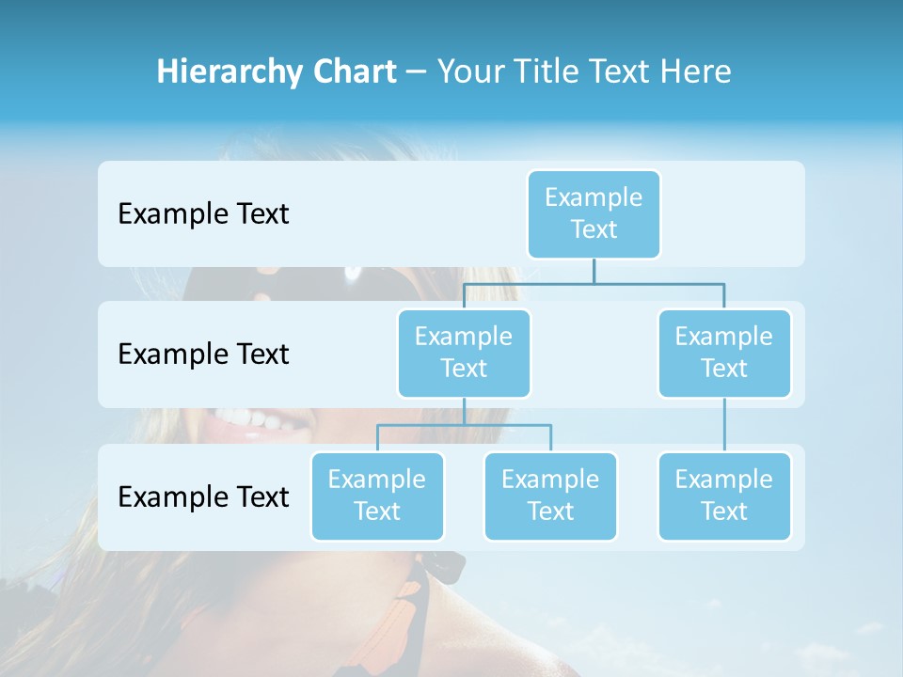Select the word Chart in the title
pos(352,71)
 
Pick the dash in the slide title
pos(417,72)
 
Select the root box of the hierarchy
pos(594,213)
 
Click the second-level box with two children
pos(464,353)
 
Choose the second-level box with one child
pos(724,353)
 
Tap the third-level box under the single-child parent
pos(724,496)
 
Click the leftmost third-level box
pos(377,496)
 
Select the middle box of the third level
pos(550,496)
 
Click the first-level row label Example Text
pos(203,213)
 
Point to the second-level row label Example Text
pos(203,354)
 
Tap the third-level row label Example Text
pos(203,496)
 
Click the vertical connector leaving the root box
pos(594,271)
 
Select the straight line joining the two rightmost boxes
pos(724,425)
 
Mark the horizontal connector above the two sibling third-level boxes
pos(464,425)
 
